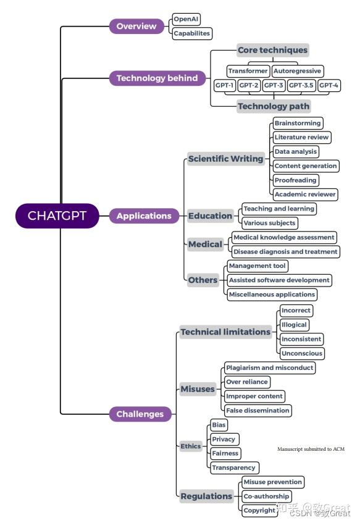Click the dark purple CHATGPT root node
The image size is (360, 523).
(x=57, y=216)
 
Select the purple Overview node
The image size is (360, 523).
(x=136, y=26)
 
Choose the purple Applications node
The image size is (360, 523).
(x=144, y=216)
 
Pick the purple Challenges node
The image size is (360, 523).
(x=140, y=414)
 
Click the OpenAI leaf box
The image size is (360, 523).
(x=186, y=19)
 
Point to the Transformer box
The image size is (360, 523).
(x=248, y=71)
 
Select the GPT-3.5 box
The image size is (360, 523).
(x=301, y=85)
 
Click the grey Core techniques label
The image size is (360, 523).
(x=272, y=50)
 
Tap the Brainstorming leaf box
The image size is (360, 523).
(x=298, y=123)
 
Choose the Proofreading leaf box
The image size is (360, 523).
(x=295, y=180)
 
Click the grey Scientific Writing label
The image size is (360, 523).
(x=226, y=159)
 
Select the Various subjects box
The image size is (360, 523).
(x=269, y=223)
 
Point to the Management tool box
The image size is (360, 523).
(x=257, y=266)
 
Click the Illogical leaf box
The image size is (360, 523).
(x=294, y=325)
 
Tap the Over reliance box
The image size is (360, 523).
(x=246, y=382)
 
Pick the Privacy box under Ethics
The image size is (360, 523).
(x=224, y=439)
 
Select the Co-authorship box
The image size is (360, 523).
(x=266, y=496)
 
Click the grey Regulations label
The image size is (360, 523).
(x=206, y=496)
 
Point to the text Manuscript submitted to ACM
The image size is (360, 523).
(x=311, y=449)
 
